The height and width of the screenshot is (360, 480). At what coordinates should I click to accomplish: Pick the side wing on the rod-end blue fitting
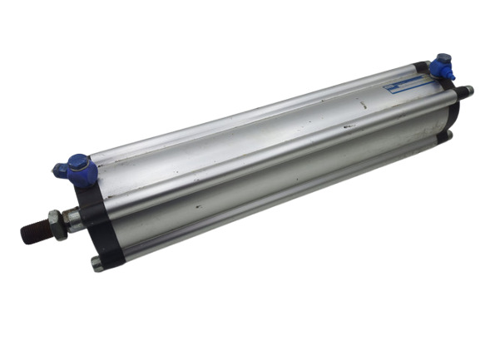tap(61, 170)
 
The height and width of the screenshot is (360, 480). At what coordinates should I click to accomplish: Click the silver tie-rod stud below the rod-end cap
tap(98, 264)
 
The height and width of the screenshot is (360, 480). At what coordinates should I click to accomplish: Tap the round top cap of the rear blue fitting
tap(444, 59)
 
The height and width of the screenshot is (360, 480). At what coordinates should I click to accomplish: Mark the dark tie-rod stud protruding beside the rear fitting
tap(464, 91)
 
